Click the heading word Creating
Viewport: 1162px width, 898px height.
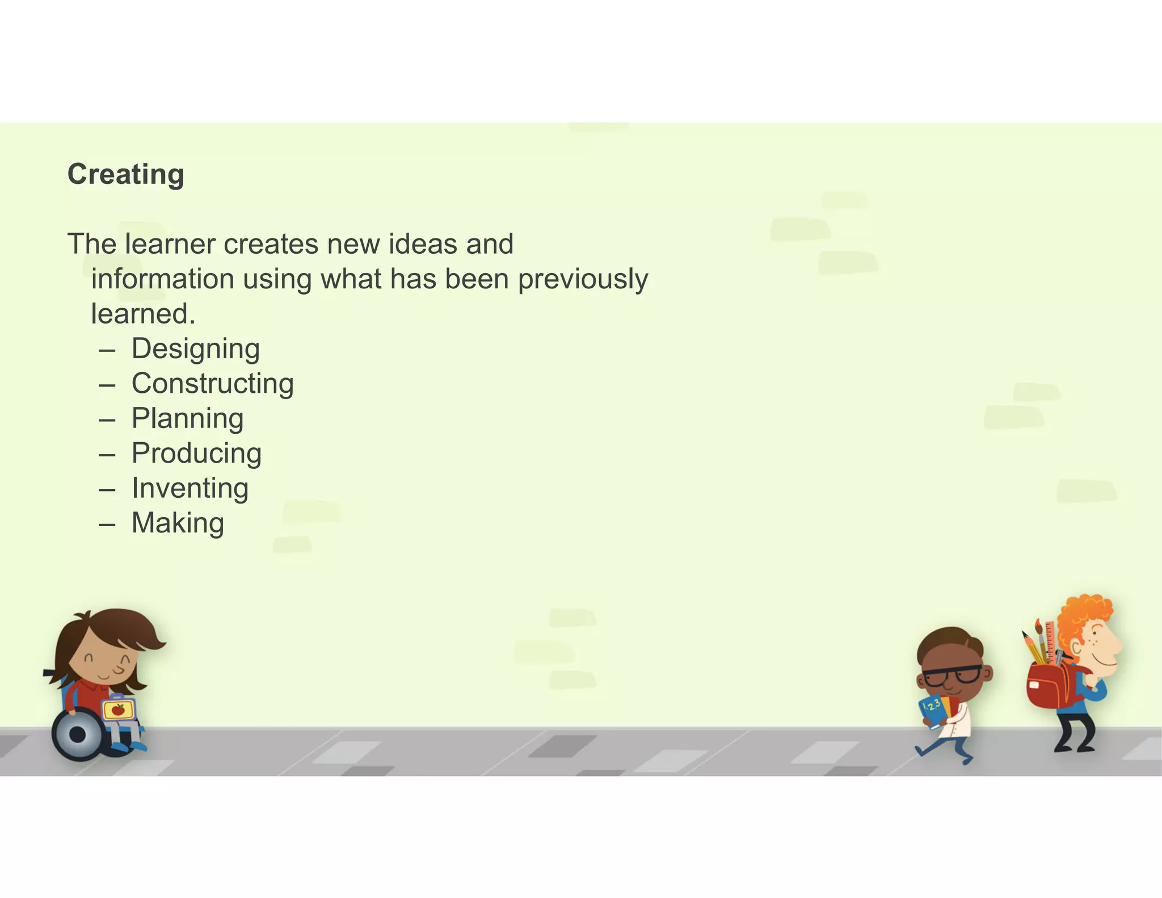(x=125, y=174)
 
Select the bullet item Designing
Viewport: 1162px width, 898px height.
(x=195, y=349)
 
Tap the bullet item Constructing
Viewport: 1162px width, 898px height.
(x=212, y=384)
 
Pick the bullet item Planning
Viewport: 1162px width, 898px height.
(x=187, y=419)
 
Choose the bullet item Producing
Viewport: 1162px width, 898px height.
(x=196, y=454)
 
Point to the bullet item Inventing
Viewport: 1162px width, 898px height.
(x=190, y=488)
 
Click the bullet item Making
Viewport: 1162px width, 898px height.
(x=178, y=523)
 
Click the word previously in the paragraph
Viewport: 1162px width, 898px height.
(x=583, y=279)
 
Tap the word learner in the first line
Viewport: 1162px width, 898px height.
(x=170, y=244)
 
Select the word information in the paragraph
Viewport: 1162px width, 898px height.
(x=162, y=279)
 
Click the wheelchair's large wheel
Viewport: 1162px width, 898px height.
(x=78, y=734)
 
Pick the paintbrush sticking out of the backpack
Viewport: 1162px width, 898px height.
(x=1040, y=639)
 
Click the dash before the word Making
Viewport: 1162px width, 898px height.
(x=107, y=524)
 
